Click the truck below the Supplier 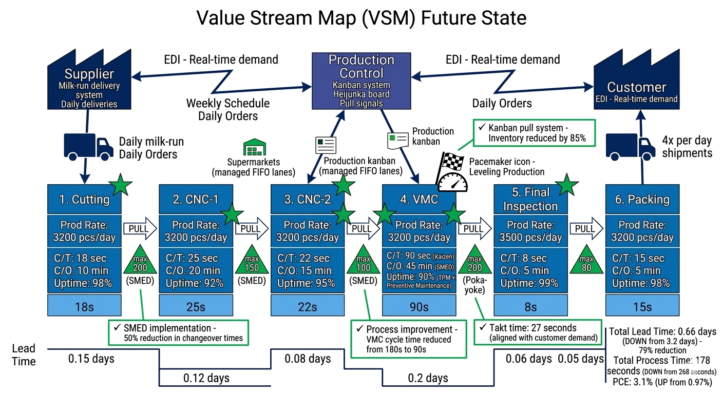click(x=88, y=146)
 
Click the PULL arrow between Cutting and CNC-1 click(x=139, y=229)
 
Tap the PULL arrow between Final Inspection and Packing click(x=586, y=229)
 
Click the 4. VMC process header click(x=419, y=199)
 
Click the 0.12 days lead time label click(x=206, y=378)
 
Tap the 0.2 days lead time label click(x=428, y=378)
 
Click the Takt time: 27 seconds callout click(x=538, y=332)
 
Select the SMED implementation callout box click(x=178, y=332)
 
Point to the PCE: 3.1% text click(x=662, y=382)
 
